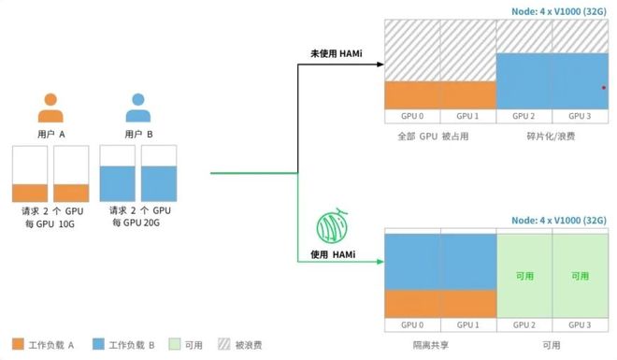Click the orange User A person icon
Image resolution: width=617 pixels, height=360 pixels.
click(50, 108)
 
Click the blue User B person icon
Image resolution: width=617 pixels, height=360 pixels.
click(138, 108)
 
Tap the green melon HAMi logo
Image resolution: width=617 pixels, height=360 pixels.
click(333, 225)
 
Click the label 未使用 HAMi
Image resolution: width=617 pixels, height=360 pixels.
click(336, 53)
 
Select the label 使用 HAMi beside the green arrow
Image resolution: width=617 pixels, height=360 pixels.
click(333, 254)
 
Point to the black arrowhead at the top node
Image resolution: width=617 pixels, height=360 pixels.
click(380, 65)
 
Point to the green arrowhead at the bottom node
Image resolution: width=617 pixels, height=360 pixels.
click(380, 262)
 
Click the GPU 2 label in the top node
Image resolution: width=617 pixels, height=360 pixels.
click(524, 116)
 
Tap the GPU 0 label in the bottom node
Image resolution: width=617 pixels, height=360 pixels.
click(412, 325)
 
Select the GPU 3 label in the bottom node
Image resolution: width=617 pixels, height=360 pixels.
click(580, 325)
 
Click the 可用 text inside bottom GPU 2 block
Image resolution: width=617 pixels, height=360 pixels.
click(524, 276)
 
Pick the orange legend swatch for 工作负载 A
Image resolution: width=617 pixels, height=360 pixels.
click(18, 344)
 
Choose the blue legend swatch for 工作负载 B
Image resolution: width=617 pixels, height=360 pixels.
click(98, 344)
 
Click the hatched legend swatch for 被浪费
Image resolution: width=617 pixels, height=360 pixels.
click(224, 344)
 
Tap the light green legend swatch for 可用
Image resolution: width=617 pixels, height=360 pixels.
click(174, 344)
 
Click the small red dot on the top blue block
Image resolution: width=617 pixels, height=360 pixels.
click(604, 88)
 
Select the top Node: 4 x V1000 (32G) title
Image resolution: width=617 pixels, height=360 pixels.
click(559, 12)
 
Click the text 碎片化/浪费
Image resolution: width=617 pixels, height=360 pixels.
click(551, 137)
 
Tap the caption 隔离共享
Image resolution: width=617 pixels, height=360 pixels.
click(431, 345)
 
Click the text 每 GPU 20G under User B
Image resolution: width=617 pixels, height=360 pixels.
click(136, 223)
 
